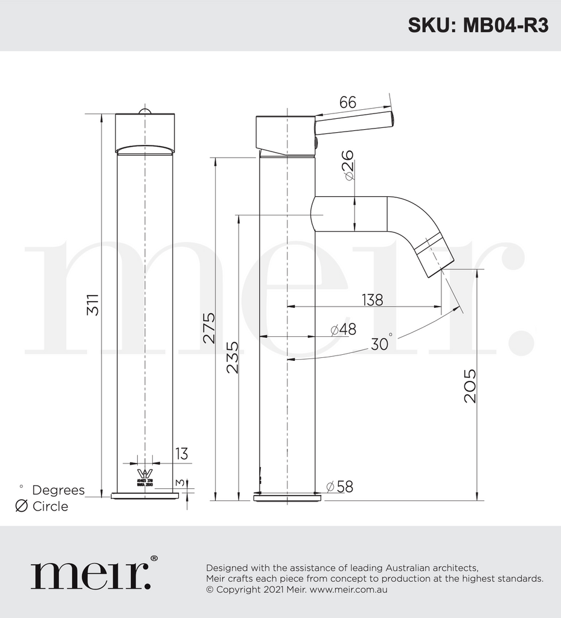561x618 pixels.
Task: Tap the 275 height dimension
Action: click(x=208, y=328)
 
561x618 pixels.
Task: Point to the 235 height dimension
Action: click(x=232, y=357)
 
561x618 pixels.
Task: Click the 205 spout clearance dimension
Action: click(x=469, y=386)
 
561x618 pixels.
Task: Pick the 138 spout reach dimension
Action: click(x=372, y=299)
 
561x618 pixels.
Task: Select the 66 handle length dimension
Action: click(x=347, y=102)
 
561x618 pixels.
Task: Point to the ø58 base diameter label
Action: click(x=339, y=486)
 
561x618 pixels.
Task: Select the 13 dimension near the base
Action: click(x=181, y=454)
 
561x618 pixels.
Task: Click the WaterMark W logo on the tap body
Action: click(x=144, y=474)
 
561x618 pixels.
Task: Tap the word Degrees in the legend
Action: click(x=58, y=490)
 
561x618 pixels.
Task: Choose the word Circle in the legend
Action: click(x=50, y=506)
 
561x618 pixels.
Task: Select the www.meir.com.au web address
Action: click(x=348, y=590)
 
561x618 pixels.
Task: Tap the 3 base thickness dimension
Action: click(x=179, y=483)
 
